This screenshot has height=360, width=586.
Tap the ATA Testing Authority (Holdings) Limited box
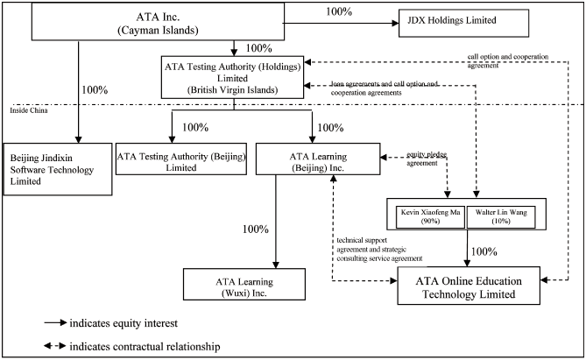[233, 77]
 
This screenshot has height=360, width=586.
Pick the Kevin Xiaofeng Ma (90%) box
[429, 216]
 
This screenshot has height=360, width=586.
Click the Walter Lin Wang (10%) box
[500, 216]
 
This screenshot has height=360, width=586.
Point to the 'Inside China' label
[28, 109]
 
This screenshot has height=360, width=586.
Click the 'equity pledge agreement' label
[426, 158]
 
